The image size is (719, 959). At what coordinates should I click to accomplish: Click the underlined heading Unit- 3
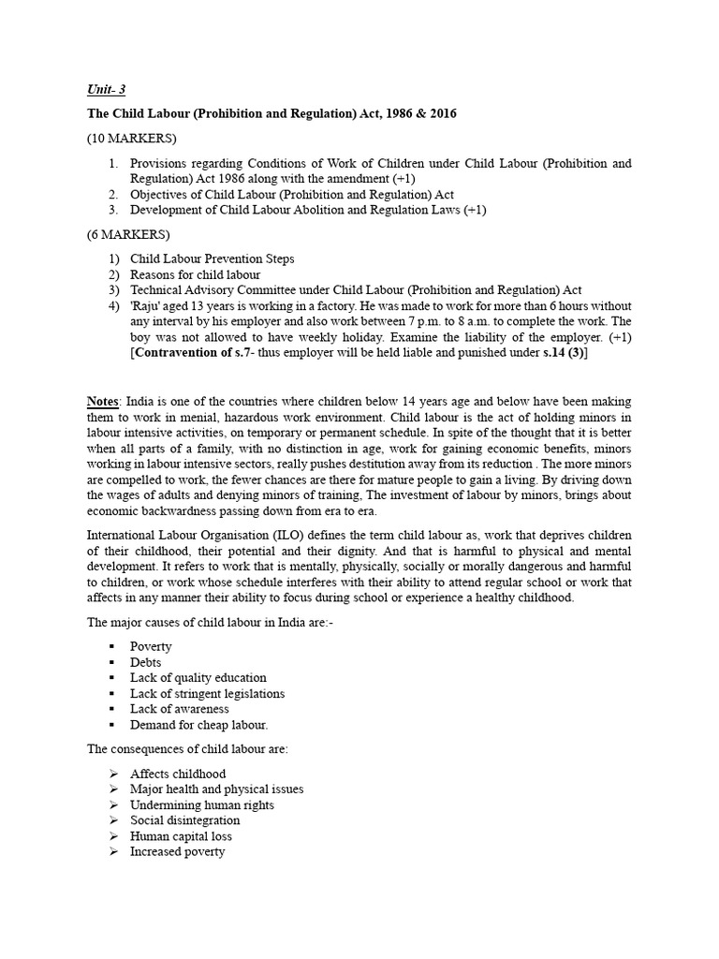[106, 91]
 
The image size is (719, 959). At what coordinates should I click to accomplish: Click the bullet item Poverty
[151, 646]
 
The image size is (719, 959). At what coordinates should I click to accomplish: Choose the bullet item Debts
[146, 662]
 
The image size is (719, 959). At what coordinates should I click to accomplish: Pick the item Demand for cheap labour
[198, 725]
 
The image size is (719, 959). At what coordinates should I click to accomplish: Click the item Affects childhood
[178, 774]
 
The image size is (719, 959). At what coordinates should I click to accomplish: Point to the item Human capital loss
[181, 836]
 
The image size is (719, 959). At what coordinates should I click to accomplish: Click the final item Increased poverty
[177, 852]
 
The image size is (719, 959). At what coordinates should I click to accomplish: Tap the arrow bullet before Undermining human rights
[112, 805]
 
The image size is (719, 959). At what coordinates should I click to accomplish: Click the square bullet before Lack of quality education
[111, 678]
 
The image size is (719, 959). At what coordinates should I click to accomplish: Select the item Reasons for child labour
[195, 274]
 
